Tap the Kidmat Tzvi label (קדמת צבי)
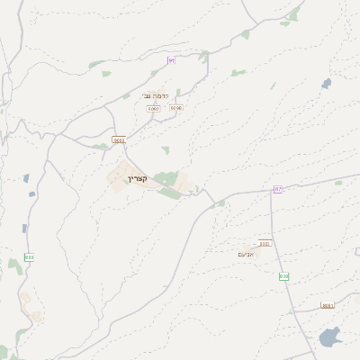155,95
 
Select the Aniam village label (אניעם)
246,254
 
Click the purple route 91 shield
171,60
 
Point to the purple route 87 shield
278,189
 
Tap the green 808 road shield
283,276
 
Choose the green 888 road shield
29,257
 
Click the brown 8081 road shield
328,305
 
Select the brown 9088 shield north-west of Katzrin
119,140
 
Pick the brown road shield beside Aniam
265,243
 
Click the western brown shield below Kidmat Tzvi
153,108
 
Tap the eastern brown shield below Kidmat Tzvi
175,108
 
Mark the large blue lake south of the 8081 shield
329,338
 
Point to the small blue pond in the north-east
326,84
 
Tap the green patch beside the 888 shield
15,265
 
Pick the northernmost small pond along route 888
26,178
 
